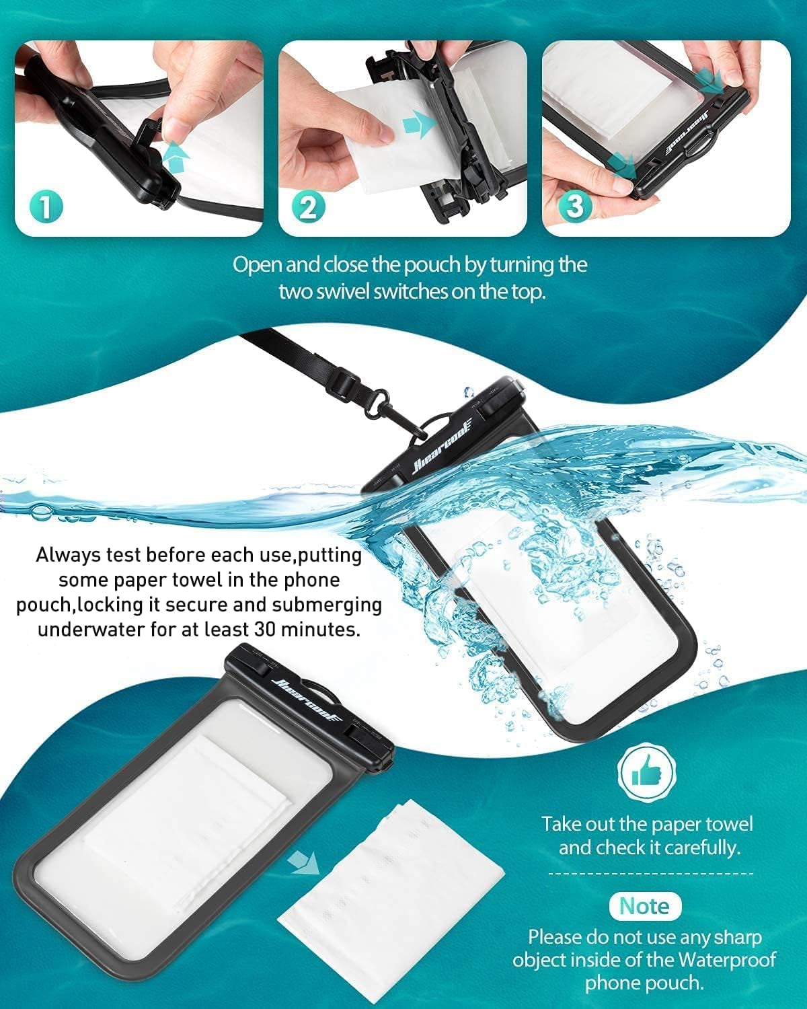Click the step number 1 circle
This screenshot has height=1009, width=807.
point(46,207)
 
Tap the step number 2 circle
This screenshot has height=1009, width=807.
point(308,207)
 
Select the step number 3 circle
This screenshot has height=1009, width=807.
point(575,207)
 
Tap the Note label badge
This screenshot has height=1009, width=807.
point(644,905)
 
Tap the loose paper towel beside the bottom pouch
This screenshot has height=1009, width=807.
point(390,901)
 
